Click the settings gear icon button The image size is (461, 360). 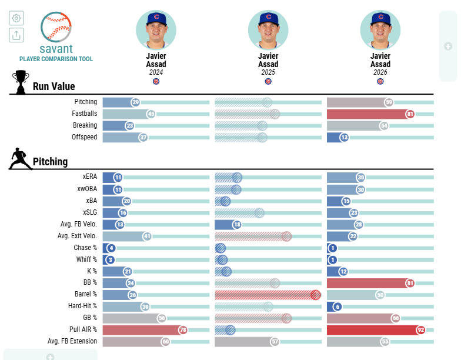tap(16, 18)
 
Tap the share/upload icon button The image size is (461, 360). tap(16, 35)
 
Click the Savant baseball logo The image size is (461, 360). tap(56, 27)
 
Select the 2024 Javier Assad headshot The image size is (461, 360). tap(156, 30)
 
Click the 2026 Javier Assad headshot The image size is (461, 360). tap(380, 30)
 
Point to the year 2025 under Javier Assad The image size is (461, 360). tap(268, 72)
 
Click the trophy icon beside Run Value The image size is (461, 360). tap(21, 82)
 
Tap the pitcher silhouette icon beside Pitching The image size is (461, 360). tap(20, 159)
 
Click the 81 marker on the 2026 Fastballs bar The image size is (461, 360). tap(410, 114)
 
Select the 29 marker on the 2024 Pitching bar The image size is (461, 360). tap(135, 102)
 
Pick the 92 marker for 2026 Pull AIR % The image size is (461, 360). tap(421, 330)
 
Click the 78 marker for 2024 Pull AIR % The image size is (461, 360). tap(183, 330)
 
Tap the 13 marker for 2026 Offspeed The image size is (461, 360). tap(344, 138)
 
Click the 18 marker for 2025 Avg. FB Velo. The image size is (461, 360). tap(237, 225)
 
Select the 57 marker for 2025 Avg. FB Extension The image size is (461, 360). tap(275, 342)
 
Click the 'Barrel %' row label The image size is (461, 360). tap(86, 294)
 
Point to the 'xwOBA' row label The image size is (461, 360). tap(87, 189)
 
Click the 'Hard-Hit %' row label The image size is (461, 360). tap(82, 306)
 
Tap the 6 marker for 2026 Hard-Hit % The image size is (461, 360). tap(338, 307)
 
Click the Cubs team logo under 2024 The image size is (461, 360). tap(156, 81)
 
